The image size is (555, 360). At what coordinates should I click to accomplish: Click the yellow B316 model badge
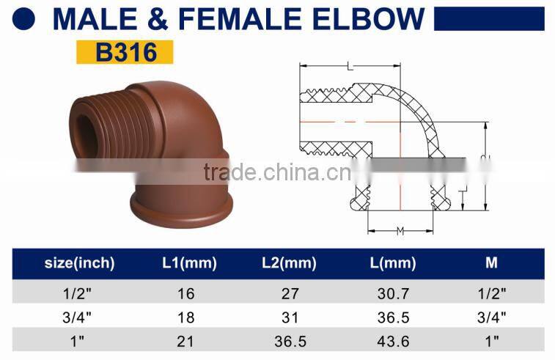click(124, 52)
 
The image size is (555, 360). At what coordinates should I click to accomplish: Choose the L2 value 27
click(290, 294)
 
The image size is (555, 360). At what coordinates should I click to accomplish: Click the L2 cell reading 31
click(290, 317)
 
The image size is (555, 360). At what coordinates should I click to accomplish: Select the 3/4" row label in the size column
click(80, 317)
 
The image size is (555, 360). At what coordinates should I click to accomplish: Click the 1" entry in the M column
click(491, 340)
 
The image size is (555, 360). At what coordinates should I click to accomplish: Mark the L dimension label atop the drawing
click(350, 67)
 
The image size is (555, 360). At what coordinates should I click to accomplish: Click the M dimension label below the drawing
click(400, 232)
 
